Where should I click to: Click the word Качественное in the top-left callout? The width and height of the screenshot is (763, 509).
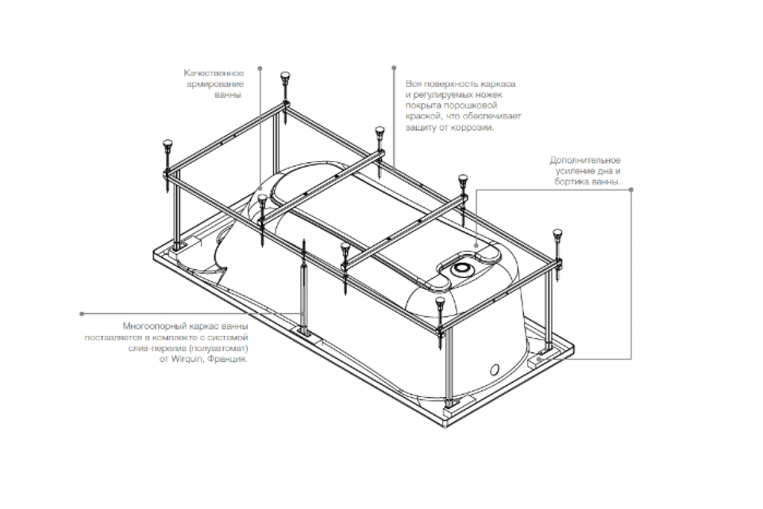click(x=214, y=73)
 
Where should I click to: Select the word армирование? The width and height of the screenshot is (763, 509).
click(x=215, y=84)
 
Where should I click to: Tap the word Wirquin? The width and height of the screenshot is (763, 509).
click(x=187, y=359)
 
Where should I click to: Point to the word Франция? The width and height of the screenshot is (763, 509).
click(x=227, y=359)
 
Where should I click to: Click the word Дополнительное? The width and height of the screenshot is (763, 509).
click(x=585, y=160)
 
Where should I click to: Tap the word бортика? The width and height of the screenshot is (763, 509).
click(x=572, y=182)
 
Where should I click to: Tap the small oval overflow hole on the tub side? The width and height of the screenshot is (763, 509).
click(x=495, y=369)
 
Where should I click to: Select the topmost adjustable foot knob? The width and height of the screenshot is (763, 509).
click(x=285, y=76)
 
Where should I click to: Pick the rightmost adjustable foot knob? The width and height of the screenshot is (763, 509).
click(x=557, y=234)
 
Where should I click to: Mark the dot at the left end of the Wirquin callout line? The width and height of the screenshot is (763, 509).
click(x=82, y=314)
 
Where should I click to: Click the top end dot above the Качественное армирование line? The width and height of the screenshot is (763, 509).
click(x=260, y=68)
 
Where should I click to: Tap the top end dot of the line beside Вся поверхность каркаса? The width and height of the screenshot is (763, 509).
click(x=394, y=68)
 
